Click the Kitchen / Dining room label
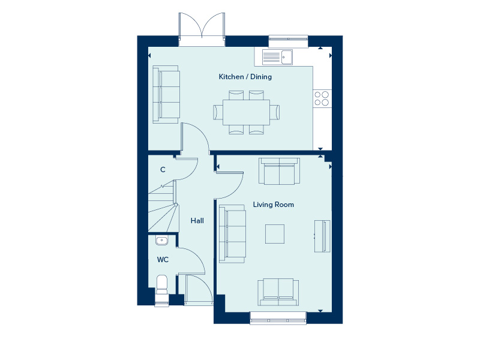(245, 77)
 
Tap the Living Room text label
(274, 205)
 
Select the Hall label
(197, 221)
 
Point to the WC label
(163, 260)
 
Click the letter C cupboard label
(163, 170)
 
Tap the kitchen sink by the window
(278, 57)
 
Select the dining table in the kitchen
(246, 112)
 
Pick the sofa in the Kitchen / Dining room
(166, 95)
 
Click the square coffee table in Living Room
(275, 233)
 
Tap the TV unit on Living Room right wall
(323, 236)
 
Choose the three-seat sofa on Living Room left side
(232, 233)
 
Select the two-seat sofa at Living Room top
(279, 171)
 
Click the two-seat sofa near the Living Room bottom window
(278, 292)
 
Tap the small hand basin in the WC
(162, 241)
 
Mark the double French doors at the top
(201, 30)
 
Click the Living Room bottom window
(278, 317)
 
